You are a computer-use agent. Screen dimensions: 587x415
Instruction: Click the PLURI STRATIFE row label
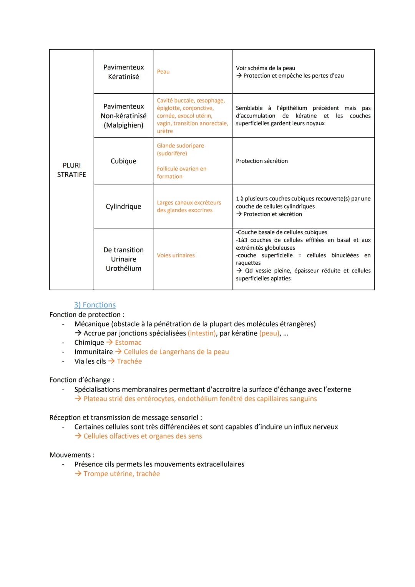[71, 170]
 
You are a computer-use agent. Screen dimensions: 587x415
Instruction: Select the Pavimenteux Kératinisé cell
[123, 72]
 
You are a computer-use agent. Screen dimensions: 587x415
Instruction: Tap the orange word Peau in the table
[163, 72]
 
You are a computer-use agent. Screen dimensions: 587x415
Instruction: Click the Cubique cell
[123, 161]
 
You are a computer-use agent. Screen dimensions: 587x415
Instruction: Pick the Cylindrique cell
[123, 206]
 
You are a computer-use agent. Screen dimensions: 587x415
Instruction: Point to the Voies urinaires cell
[176, 255]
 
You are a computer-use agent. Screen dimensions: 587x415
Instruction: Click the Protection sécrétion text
[262, 161]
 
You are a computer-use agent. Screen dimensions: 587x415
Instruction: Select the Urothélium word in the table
[123, 269]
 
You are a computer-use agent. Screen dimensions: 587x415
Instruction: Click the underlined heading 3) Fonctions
[95, 305]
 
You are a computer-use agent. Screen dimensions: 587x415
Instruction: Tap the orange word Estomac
[128, 343]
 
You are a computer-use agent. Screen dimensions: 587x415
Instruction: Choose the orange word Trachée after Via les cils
[129, 361]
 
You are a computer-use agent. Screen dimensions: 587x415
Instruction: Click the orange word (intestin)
[202, 333]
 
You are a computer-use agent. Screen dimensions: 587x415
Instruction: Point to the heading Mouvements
[70, 455]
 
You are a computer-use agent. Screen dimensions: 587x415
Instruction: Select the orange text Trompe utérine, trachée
[121, 474]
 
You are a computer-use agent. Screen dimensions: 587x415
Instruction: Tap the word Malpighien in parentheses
[123, 125]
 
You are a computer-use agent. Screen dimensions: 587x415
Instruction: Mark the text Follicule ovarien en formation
[181, 172]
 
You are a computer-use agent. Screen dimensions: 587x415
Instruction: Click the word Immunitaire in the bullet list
[93, 352]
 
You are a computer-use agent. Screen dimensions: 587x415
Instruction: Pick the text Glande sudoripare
[180, 146]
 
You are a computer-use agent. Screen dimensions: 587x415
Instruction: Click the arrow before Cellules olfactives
[78, 436]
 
